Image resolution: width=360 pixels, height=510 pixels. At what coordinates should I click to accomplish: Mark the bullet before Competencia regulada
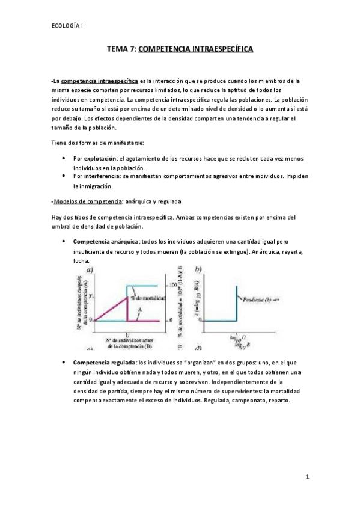(x=64, y=363)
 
